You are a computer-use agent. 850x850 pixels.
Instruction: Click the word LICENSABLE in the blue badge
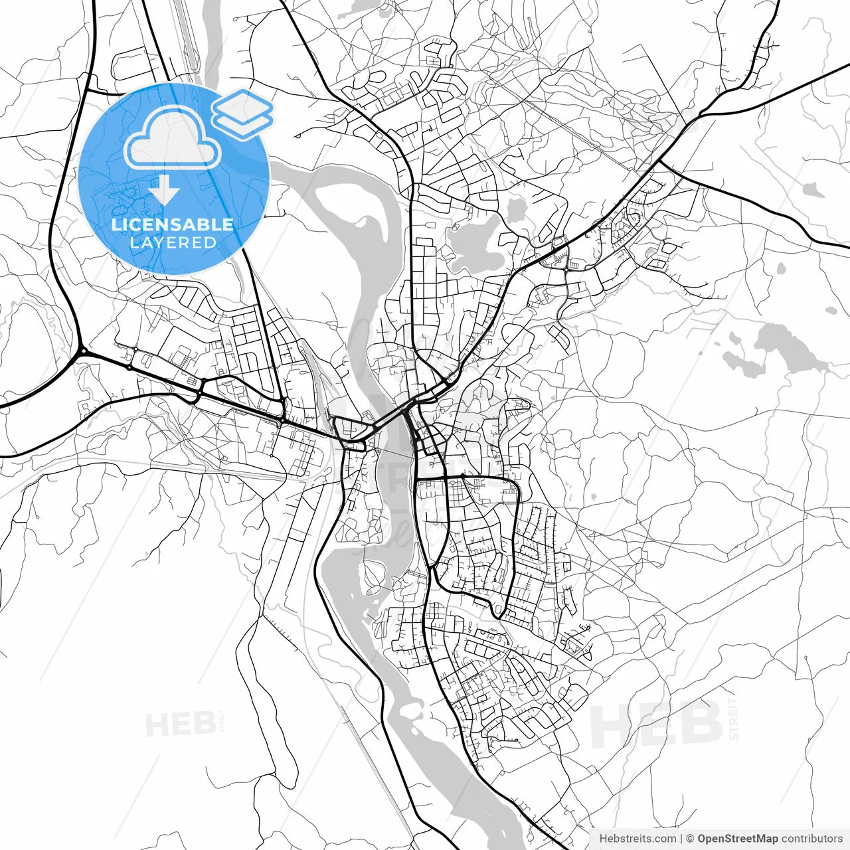point(173,224)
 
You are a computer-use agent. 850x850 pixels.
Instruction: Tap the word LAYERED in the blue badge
point(173,243)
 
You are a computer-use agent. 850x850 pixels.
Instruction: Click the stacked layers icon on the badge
point(242,113)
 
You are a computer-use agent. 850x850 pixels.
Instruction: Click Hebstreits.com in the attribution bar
point(637,839)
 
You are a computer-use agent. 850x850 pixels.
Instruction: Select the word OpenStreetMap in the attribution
point(737,839)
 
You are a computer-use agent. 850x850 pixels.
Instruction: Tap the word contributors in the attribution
point(811,839)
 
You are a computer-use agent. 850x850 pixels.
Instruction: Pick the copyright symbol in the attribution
point(690,839)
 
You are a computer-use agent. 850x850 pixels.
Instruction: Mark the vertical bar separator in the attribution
point(681,839)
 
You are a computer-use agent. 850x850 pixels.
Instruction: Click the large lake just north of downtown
point(473,246)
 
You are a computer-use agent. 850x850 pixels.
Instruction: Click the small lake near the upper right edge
point(812,190)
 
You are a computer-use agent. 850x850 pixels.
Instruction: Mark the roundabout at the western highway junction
point(83,351)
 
